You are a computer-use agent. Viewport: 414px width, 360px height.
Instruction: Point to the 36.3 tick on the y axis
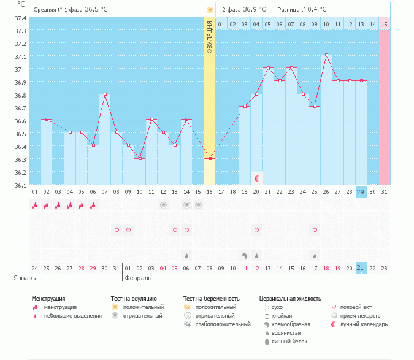coord(20,159)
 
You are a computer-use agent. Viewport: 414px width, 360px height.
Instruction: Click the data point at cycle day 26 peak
coord(327,55)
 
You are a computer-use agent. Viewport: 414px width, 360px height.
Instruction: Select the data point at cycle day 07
coord(105,94)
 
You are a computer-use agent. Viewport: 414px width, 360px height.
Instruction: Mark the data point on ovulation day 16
coord(210,158)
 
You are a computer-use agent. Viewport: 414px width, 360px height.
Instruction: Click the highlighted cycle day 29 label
coord(361,192)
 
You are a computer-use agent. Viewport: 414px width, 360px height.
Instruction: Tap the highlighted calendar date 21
coord(361,267)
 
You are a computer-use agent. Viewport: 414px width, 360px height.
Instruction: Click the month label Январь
coord(25,278)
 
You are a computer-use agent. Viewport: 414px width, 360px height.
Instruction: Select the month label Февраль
coord(137,278)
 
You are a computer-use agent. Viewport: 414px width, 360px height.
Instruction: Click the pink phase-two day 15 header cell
coord(384,24)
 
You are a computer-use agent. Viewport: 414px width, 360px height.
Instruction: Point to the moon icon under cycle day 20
coord(257,178)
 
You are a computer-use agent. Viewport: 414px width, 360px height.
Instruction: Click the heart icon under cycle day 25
coord(315,230)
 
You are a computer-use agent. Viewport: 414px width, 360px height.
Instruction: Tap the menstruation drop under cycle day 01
coord(35,206)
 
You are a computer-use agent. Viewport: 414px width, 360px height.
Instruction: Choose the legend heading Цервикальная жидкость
coord(290,299)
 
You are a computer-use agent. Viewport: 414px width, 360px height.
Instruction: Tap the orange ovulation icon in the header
coord(210,10)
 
